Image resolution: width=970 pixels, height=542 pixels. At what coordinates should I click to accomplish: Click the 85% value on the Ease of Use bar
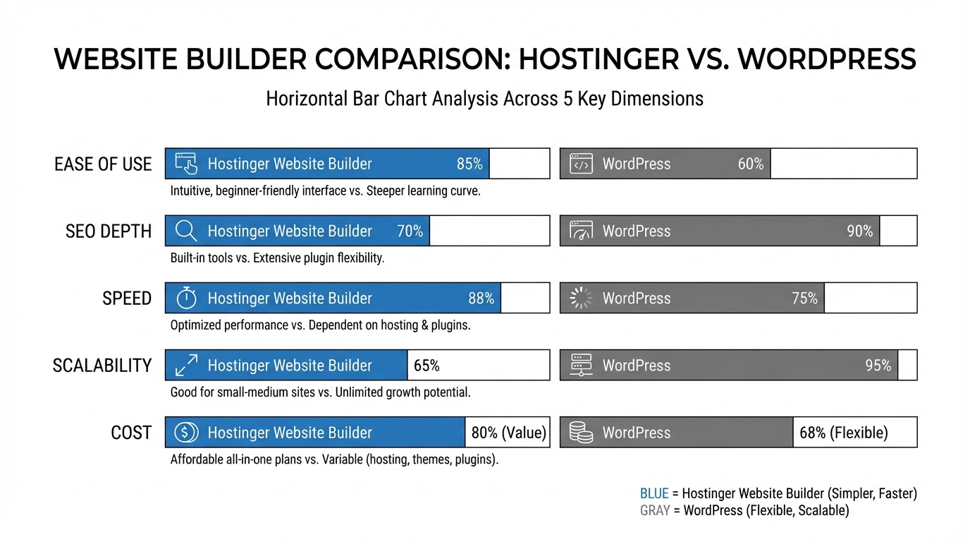469,164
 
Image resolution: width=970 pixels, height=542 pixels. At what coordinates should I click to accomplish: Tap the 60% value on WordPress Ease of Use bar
751,164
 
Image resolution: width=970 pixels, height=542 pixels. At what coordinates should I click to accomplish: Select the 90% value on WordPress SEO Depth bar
859,231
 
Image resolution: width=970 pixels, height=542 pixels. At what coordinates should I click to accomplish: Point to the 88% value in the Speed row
481,299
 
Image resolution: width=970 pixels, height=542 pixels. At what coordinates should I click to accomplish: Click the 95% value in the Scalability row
878,366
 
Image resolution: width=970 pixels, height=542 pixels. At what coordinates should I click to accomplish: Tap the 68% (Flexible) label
844,433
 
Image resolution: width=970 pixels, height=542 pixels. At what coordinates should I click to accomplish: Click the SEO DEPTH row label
109,231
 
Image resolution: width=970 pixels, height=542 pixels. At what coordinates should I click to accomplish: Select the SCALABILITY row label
102,366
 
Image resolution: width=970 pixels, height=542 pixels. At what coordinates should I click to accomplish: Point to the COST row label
131,433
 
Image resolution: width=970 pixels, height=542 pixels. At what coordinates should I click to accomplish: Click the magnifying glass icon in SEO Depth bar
186,231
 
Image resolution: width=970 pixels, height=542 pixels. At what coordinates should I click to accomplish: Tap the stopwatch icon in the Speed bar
186,298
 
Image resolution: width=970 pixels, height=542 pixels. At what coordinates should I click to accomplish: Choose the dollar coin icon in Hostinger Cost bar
186,433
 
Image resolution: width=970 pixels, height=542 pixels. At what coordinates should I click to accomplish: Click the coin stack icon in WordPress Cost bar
581,433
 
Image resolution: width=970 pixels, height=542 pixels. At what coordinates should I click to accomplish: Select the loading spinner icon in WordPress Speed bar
581,298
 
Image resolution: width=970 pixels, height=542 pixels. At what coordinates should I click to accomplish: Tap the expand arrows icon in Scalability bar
186,366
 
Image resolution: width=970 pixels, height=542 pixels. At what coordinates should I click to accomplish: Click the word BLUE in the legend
653,494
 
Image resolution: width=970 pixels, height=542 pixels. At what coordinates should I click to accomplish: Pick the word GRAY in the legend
654,510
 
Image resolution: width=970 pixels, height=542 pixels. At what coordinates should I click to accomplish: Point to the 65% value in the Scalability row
426,366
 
